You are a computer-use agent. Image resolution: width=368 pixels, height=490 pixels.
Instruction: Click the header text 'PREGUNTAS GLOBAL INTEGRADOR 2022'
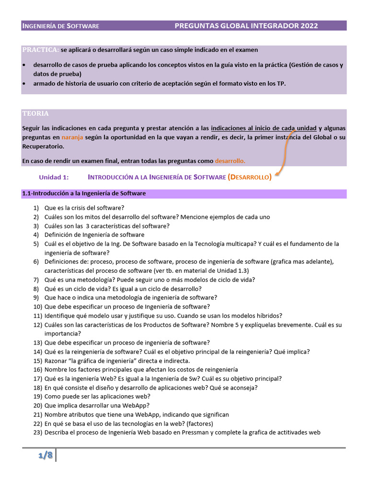(x=246, y=26)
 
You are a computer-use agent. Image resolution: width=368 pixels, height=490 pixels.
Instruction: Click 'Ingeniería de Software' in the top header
(x=61, y=26)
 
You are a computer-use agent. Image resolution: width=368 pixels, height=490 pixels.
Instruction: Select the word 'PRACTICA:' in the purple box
(x=41, y=50)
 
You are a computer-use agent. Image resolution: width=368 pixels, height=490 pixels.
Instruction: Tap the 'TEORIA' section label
(x=35, y=113)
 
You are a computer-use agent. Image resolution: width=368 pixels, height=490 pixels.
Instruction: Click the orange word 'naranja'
(x=72, y=137)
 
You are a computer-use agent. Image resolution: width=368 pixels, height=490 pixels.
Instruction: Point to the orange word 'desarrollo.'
(x=230, y=161)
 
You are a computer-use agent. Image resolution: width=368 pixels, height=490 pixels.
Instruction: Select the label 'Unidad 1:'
(x=54, y=177)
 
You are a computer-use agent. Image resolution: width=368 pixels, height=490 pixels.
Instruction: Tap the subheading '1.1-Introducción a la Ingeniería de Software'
(x=84, y=193)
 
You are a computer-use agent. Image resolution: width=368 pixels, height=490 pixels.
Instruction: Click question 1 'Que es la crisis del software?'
(x=84, y=208)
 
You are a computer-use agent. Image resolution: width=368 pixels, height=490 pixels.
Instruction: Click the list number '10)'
(x=38, y=306)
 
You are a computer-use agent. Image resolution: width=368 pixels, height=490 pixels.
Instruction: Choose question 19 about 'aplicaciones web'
(x=97, y=396)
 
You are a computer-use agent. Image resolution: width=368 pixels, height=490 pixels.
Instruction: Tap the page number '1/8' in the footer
(x=46, y=455)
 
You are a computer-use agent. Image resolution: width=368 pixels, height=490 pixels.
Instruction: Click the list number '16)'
(x=38, y=369)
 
